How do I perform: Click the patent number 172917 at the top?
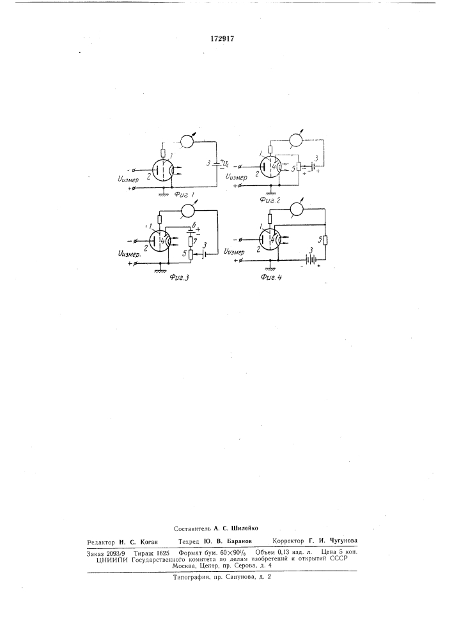[222, 38]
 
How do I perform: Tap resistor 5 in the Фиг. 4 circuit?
[325, 240]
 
